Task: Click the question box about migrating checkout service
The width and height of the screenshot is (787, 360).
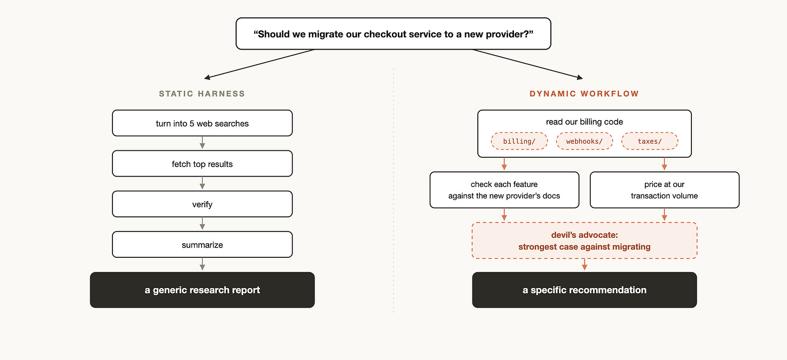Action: (393, 34)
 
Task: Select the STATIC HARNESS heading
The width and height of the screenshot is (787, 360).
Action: (202, 94)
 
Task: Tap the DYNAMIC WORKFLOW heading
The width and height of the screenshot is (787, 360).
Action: (584, 94)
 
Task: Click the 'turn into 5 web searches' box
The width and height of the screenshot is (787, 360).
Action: (202, 123)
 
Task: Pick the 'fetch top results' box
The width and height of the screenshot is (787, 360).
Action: (202, 164)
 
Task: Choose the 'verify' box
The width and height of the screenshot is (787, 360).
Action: (202, 204)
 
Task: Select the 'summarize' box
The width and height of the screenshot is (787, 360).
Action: (202, 244)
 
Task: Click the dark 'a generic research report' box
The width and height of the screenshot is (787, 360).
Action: (202, 290)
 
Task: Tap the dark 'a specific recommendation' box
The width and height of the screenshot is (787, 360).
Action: (585, 290)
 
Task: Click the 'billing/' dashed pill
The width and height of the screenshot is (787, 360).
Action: (519, 141)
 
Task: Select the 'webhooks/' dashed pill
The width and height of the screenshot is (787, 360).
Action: (584, 141)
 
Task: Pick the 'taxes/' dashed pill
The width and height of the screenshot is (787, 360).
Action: (650, 141)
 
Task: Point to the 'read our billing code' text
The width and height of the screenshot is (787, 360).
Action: (584, 122)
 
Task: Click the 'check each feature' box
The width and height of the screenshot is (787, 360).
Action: (504, 190)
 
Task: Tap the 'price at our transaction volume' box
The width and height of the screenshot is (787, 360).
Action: (664, 190)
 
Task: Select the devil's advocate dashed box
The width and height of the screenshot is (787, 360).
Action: (585, 241)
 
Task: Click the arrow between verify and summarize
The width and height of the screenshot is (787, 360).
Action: (202, 223)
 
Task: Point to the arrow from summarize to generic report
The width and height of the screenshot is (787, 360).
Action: (202, 264)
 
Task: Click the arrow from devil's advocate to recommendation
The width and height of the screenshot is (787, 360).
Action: (585, 264)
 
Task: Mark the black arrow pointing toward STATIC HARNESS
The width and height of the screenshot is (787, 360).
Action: (259, 64)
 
